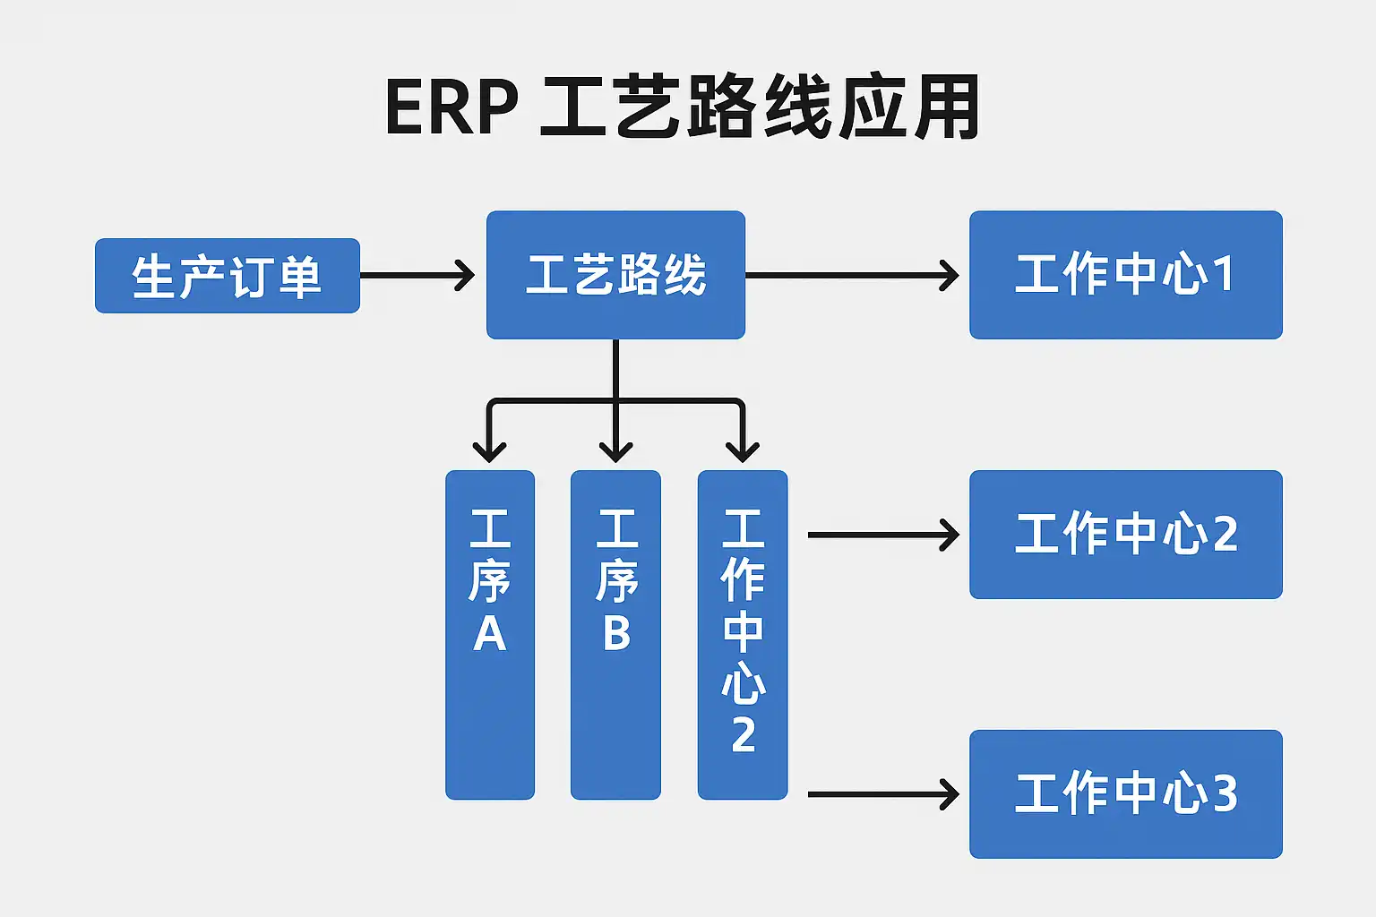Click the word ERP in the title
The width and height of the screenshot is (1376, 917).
coord(451,108)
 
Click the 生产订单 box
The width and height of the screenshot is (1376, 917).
coord(227,276)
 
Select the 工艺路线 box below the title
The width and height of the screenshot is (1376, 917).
coord(615,275)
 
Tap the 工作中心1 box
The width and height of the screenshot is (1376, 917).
coord(1125,275)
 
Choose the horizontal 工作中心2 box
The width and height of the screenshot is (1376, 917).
coord(1125,535)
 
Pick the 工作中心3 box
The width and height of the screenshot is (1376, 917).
coord(1125,794)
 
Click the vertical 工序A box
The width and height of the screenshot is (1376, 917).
coord(490,634)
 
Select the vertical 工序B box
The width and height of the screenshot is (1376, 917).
coord(615,634)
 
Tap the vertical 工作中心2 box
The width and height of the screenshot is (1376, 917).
coord(743,634)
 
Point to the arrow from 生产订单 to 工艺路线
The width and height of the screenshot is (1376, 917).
coord(417,276)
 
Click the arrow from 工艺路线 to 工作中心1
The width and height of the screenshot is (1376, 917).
coord(851,276)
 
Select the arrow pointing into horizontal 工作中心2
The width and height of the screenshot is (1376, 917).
coord(882,535)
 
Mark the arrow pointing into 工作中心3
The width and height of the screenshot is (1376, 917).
coord(882,794)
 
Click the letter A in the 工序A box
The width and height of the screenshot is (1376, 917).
coord(490,634)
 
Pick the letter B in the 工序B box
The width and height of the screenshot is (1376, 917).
coord(616,632)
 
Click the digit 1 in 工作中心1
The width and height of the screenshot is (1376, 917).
coord(1222,274)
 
